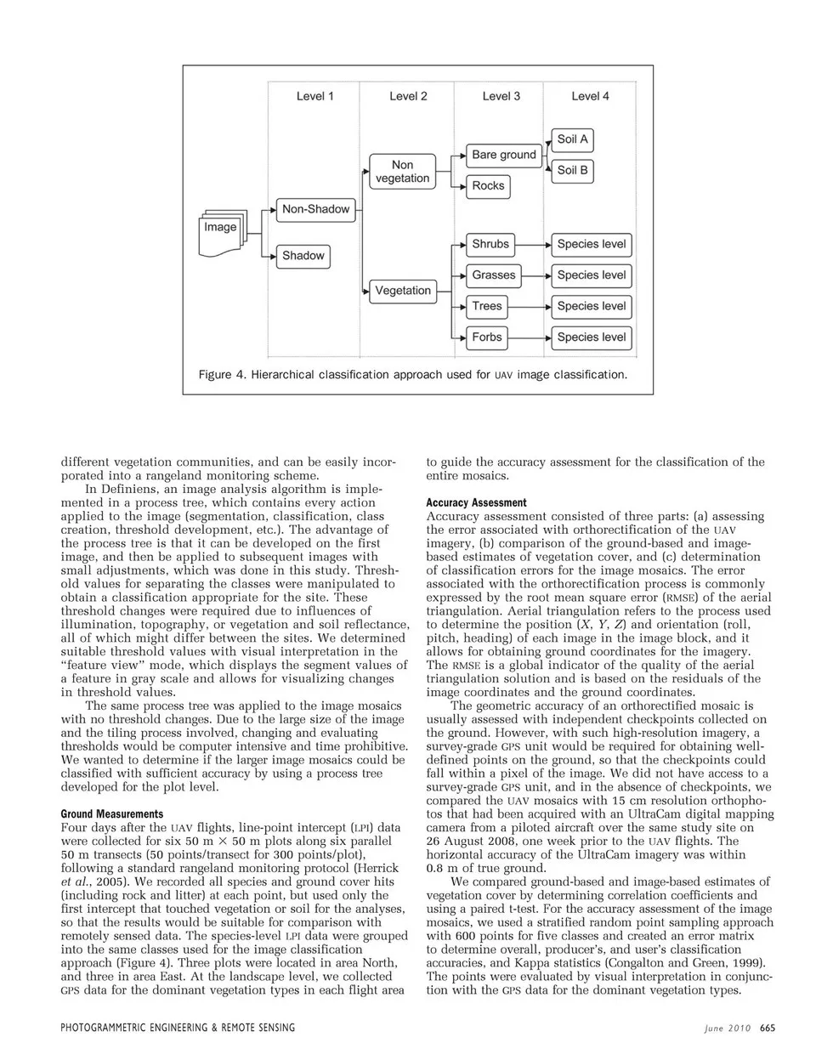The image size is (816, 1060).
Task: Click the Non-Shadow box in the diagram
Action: [x=315, y=209]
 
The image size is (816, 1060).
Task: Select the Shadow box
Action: [x=303, y=255]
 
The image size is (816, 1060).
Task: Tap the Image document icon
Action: [x=221, y=231]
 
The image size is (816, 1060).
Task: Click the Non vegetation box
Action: [x=402, y=171]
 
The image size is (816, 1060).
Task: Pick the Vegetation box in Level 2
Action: [x=403, y=290]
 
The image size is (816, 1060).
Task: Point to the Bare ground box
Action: [x=504, y=155]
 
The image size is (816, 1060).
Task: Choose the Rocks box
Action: [x=488, y=185]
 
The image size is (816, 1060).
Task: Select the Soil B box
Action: [x=572, y=170]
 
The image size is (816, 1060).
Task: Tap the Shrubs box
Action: [x=490, y=244]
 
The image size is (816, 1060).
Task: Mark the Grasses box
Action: [x=494, y=275]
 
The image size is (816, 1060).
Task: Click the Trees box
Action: [x=487, y=306]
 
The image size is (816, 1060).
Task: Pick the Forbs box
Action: [x=487, y=337]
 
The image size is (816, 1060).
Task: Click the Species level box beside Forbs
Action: [x=591, y=337]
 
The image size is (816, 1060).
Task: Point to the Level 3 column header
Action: [x=501, y=96]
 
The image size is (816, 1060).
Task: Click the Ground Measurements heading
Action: [x=99, y=813]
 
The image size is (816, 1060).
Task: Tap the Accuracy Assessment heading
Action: [x=476, y=502]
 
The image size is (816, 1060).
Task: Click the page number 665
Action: [x=768, y=1028]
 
